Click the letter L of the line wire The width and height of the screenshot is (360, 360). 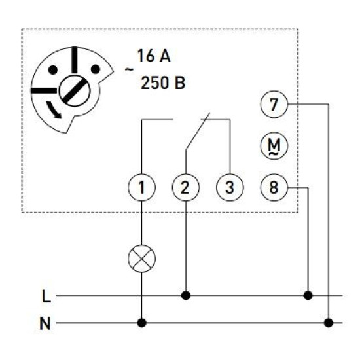point(46,296)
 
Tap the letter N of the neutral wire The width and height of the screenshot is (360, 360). point(45,323)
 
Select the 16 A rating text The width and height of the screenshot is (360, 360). point(154,56)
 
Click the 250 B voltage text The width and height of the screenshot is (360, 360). point(163,83)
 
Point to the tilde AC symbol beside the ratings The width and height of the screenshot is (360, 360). point(129,69)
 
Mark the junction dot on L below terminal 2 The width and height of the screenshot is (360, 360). point(186,295)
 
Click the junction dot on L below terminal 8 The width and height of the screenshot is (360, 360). point(308,295)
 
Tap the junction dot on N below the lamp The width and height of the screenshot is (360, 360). point(141,323)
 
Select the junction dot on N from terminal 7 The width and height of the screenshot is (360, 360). point(329,323)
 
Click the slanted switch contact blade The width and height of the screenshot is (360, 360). point(198,132)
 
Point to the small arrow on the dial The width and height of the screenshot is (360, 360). point(54,110)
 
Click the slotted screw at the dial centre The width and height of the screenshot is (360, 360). point(74,90)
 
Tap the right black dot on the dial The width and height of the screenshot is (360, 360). point(96,69)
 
